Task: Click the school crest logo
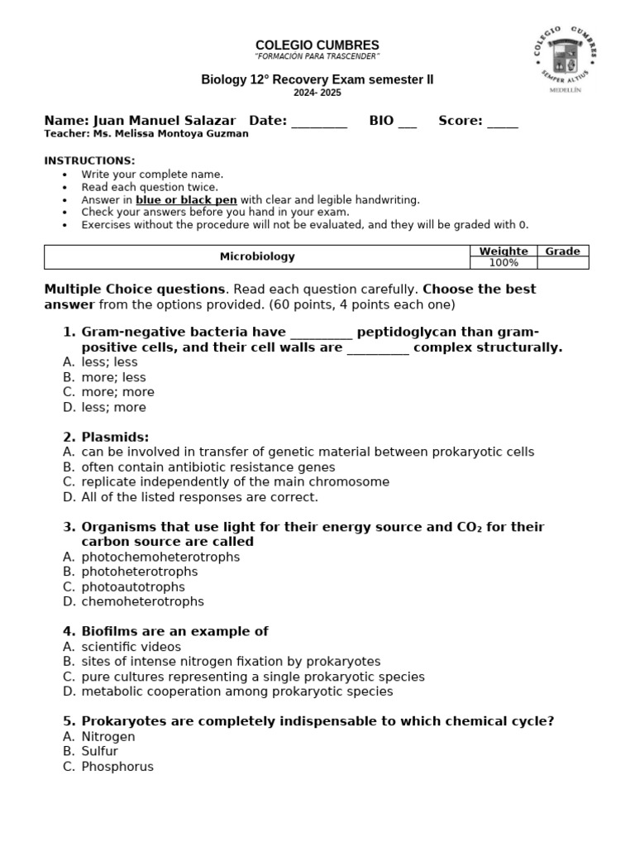coord(566,57)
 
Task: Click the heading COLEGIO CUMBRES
coord(317,45)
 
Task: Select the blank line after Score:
coord(503,122)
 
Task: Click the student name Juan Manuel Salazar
coord(165,121)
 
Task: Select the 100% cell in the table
coord(503,263)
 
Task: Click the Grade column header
coord(562,251)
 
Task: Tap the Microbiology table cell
coord(256,257)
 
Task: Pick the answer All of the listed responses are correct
coord(199,497)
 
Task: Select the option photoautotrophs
coord(133,586)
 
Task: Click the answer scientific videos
coord(131,647)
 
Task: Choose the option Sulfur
coord(99,751)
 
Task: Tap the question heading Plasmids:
coord(115,437)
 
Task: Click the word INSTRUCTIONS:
coord(89,160)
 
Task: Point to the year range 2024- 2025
coord(317,93)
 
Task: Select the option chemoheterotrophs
coord(142,601)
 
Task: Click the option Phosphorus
coord(117,766)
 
